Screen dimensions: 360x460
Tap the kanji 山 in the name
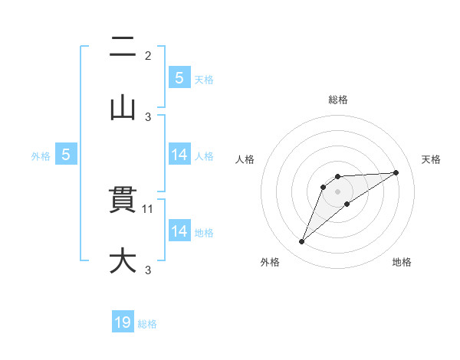[x=123, y=108]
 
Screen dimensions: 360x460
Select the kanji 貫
[x=123, y=201]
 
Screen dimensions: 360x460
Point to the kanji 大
[x=123, y=260]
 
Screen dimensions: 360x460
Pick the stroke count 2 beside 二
[x=148, y=55]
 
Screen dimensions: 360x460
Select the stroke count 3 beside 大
[x=148, y=269]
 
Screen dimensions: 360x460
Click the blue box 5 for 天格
[x=179, y=78]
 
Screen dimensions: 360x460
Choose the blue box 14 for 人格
[x=179, y=155]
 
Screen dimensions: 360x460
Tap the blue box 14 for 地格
[x=179, y=231]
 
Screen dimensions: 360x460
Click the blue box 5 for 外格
[x=66, y=155]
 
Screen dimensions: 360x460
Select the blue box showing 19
[x=123, y=322]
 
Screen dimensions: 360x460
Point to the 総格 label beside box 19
[x=147, y=324]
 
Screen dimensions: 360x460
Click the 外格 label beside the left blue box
[x=41, y=155]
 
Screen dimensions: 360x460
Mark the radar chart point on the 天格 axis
[x=396, y=172]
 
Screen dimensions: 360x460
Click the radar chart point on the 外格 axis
[x=301, y=242]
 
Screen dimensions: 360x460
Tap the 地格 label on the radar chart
[x=402, y=262]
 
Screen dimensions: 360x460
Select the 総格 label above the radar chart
[x=338, y=100]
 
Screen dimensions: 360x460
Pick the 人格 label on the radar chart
[x=246, y=159]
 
